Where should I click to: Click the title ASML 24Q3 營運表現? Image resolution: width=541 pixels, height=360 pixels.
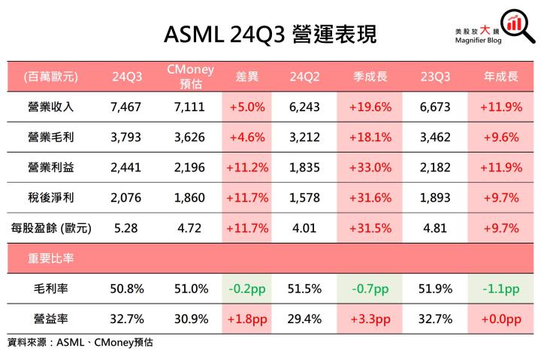pyautogui.click(x=270, y=33)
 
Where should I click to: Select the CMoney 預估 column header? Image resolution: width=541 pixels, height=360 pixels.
pyautogui.click(x=190, y=77)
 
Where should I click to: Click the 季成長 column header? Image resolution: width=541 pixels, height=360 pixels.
pyautogui.click(x=370, y=77)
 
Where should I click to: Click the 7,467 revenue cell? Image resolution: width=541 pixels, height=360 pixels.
pyautogui.click(x=125, y=107)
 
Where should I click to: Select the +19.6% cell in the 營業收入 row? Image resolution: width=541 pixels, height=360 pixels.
pyautogui.click(x=370, y=107)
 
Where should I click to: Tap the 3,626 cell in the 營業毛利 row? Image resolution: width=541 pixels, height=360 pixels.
pyautogui.click(x=190, y=138)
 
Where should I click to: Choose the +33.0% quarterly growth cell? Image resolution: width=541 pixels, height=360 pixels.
pyautogui.click(x=370, y=168)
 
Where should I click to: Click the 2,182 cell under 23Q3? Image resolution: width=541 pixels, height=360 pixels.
pyautogui.click(x=436, y=168)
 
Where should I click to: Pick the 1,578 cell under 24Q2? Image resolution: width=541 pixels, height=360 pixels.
pyautogui.click(x=304, y=198)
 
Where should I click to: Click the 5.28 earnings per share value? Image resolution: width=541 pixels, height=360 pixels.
pyautogui.click(x=125, y=228)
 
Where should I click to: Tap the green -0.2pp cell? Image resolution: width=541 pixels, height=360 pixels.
pyautogui.click(x=246, y=289)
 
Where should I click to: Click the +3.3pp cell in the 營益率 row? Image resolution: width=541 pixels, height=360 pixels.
pyautogui.click(x=370, y=319)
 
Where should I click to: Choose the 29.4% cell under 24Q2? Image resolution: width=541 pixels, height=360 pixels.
pyautogui.click(x=304, y=319)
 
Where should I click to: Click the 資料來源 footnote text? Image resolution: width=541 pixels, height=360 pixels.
pyautogui.click(x=83, y=343)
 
